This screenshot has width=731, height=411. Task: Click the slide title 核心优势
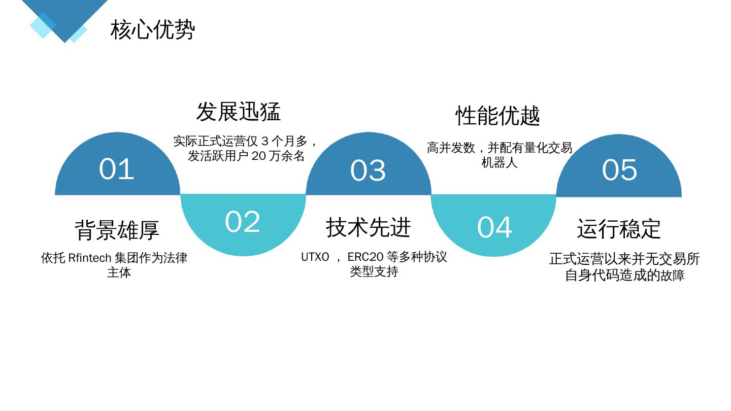coord(153,29)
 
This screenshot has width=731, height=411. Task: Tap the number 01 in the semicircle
coord(117,169)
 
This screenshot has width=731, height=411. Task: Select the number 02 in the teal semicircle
coord(243,222)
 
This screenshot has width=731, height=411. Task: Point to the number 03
coord(368,170)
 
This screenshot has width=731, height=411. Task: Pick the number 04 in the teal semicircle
coord(494,227)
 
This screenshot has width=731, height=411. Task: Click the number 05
coord(619,170)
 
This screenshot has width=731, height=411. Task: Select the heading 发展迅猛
coord(239,112)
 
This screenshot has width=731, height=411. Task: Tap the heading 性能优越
coord(497,116)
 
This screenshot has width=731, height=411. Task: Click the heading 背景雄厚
coord(117,230)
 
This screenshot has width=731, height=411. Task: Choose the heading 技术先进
coord(368,227)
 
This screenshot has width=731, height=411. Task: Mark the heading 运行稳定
coord(619,229)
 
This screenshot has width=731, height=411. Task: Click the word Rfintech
coord(89,258)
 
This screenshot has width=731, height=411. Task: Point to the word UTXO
coord(315,257)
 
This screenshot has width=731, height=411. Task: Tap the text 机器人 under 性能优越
coord(500,163)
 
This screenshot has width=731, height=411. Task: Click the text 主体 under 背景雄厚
coord(119,272)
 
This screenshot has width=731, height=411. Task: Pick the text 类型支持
coord(374,271)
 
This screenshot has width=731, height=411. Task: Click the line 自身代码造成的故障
coord(624,276)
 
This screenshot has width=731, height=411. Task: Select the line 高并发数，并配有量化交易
coord(500,148)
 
